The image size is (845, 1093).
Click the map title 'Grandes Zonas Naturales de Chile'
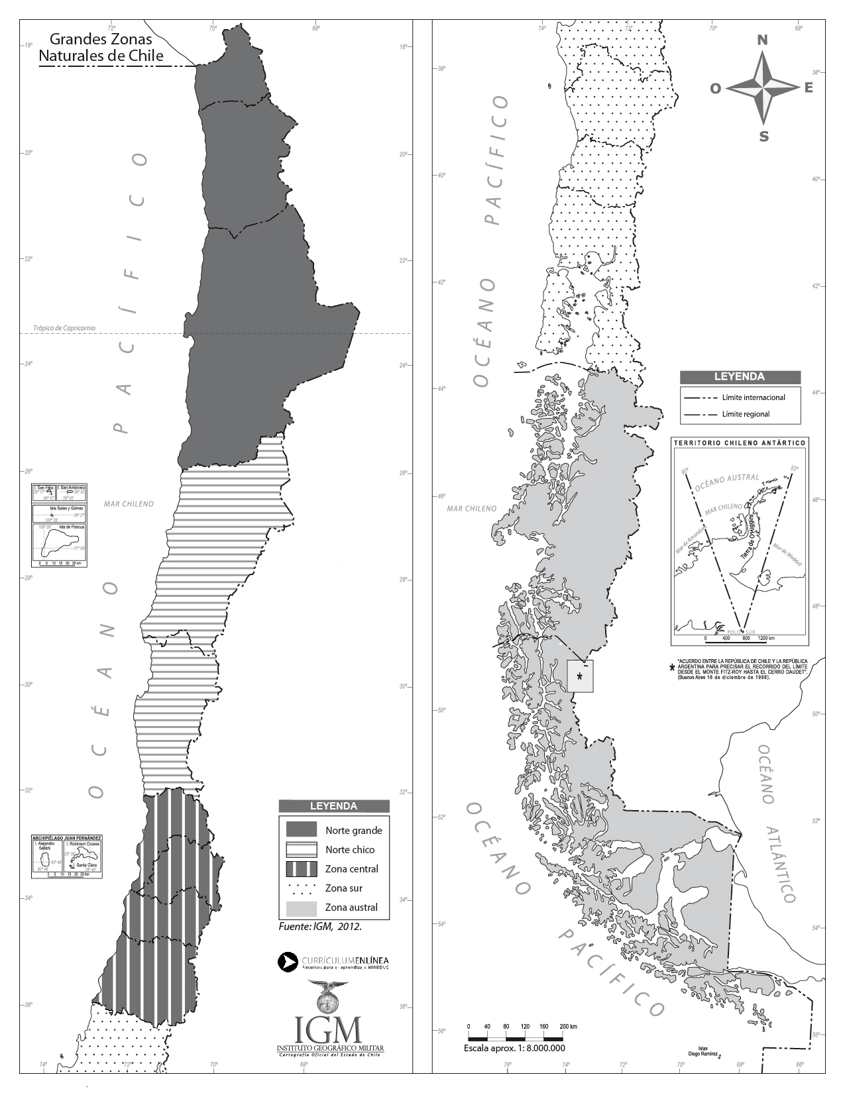click(x=101, y=48)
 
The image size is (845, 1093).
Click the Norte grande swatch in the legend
click(x=302, y=829)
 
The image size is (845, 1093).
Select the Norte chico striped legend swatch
click(x=302, y=849)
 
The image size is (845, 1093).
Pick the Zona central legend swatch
click(x=302, y=868)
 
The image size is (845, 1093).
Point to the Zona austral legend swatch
click(x=302, y=908)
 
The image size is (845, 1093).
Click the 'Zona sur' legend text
click(x=344, y=888)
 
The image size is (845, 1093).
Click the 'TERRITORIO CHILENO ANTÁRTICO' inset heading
click(x=739, y=442)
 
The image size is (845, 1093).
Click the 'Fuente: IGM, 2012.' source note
click(x=320, y=927)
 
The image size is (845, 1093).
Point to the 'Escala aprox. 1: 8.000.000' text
click(x=514, y=1049)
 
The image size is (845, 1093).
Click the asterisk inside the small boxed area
click(x=580, y=676)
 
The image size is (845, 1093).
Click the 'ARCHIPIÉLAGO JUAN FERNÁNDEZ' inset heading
click(x=67, y=838)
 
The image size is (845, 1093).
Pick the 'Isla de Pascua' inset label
click(x=72, y=527)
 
